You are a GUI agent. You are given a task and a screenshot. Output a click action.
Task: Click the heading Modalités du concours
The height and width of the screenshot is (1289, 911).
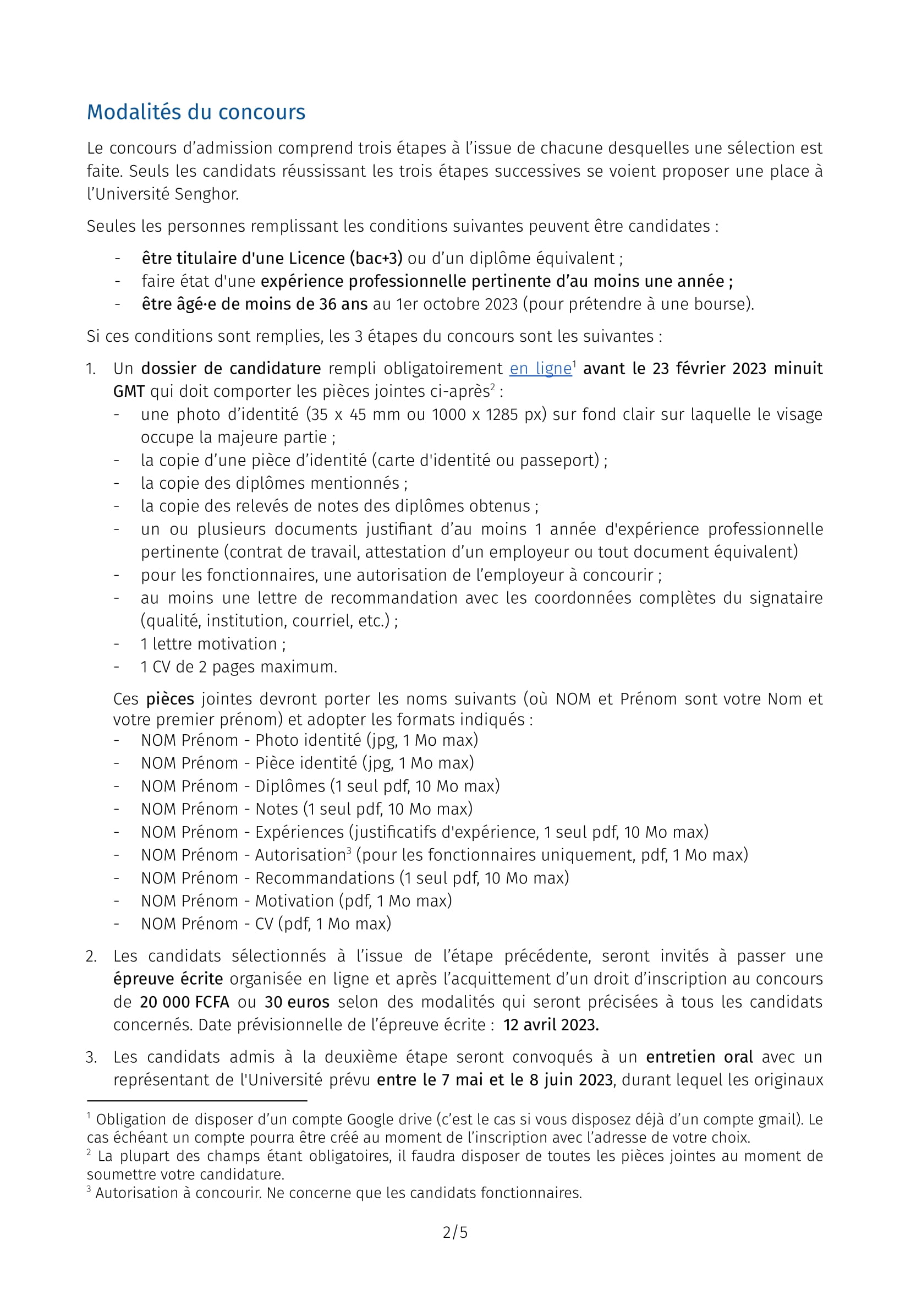point(196,112)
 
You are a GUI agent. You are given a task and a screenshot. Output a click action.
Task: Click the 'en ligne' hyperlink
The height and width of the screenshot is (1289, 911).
point(540,369)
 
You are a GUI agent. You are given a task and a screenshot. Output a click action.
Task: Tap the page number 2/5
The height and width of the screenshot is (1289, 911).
point(455,1232)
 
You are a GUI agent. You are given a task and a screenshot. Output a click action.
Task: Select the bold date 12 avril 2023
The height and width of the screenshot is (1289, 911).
point(551,1025)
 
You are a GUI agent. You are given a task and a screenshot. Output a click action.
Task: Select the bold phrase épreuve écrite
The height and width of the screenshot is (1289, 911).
point(168,979)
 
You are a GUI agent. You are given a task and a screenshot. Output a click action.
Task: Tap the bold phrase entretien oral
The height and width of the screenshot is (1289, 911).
point(699,1057)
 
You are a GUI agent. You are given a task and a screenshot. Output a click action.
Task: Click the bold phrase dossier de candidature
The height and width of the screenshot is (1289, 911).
point(231,369)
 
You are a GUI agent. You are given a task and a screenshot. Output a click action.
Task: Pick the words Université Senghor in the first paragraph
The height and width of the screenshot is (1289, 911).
point(167,194)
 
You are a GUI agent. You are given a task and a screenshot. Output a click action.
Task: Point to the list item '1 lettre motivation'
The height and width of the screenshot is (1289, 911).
point(213,644)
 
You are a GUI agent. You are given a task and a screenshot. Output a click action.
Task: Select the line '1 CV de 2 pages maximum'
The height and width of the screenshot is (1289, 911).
point(239,667)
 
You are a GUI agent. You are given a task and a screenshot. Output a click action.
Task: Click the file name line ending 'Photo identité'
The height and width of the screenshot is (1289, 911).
point(309,740)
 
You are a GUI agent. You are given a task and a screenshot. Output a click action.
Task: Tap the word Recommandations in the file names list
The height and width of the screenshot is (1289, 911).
point(325,878)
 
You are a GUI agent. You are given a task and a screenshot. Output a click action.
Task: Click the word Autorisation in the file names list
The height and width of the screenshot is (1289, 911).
point(300,855)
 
